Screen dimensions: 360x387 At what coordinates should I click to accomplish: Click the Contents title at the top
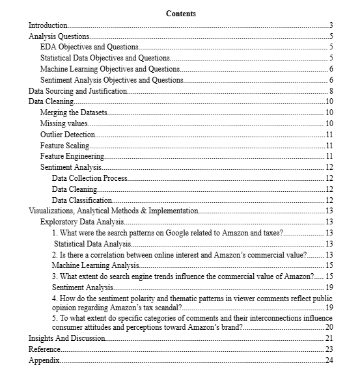click(x=180, y=14)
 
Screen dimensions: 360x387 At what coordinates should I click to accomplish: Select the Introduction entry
click(x=48, y=25)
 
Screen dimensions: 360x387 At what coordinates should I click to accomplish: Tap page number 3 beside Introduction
click(x=331, y=25)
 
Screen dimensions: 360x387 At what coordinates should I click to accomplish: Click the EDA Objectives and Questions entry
click(x=89, y=47)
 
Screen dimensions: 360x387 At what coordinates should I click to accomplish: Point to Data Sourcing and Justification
click(x=77, y=91)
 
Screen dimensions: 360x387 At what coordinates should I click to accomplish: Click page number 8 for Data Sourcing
click(x=331, y=91)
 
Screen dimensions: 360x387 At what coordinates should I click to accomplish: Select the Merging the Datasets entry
click(x=74, y=113)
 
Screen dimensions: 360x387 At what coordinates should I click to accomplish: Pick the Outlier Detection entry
click(x=67, y=135)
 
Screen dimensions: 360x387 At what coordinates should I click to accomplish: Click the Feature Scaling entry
click(x=64, y=146)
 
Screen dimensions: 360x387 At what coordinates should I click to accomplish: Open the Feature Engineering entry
click(x=72, y=156)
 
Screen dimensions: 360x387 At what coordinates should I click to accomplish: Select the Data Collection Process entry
click(x=89, y=178)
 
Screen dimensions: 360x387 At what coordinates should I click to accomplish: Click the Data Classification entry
click(x=82, y=200)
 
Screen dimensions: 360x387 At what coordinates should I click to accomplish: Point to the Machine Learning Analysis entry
click(x=95, y=265)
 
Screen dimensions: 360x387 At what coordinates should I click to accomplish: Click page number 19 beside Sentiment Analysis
click(x=329, y=287)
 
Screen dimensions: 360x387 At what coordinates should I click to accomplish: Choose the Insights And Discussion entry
click(x=66, y=338)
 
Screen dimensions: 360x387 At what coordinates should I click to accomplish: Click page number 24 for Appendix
click(x=329, y=360)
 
